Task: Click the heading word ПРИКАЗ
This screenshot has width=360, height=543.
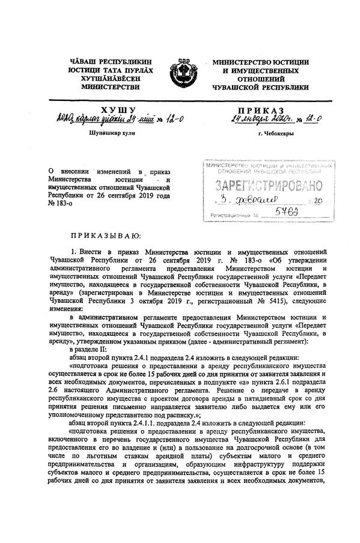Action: coord(260,109)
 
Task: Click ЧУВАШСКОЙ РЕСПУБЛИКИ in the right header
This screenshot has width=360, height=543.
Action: coord(260,87)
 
